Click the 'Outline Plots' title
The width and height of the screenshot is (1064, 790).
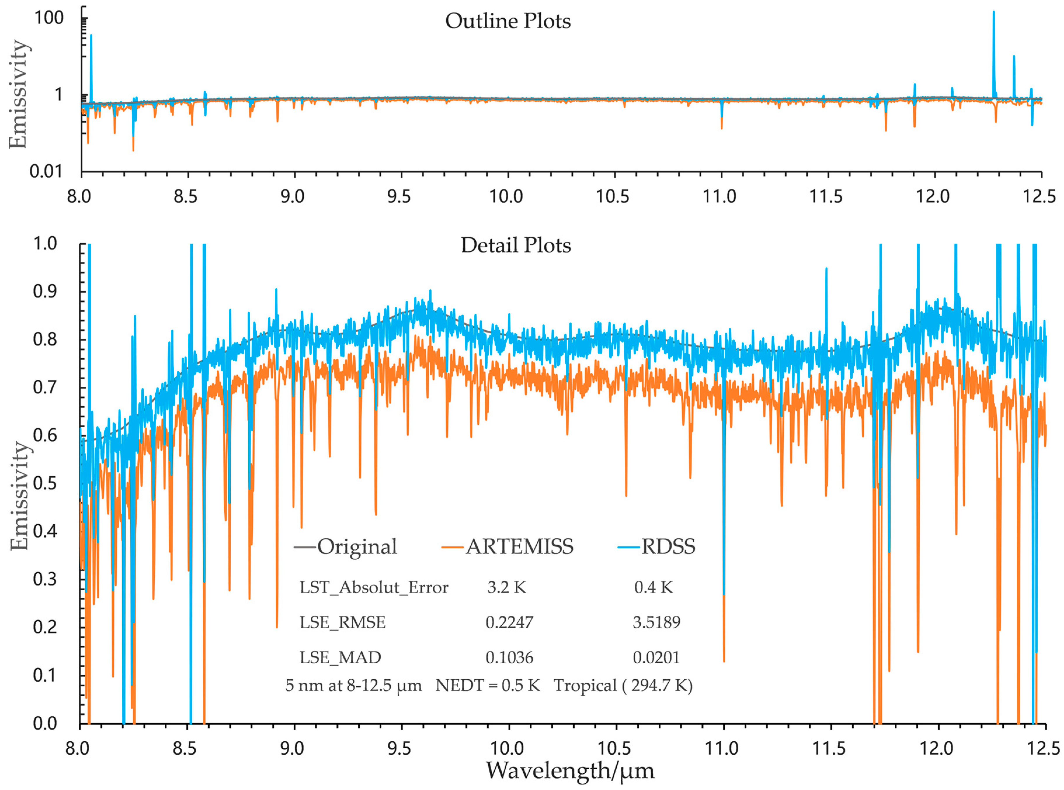(x=508, y=21)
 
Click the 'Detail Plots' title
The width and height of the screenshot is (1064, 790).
(x=515, y=245)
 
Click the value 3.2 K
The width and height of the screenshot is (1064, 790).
(x=506, y=587)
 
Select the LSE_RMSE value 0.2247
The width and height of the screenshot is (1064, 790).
(x=509, y=622)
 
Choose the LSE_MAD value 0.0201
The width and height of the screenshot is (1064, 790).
(x=656, y=657)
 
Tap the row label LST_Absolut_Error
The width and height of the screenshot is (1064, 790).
(x=374, y=587)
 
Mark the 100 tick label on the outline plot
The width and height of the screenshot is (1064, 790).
(x=49, y=18)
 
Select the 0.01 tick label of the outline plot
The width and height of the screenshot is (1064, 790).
(x=46, y=171)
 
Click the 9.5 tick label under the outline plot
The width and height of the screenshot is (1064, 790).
(x=399, y=196)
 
